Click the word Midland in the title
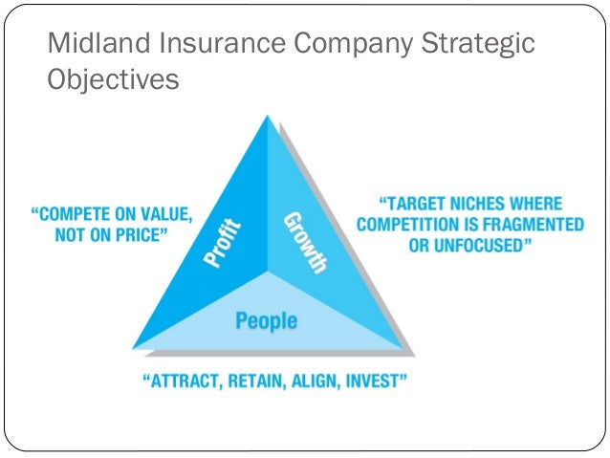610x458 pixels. (93, 44)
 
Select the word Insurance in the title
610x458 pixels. (211, 44)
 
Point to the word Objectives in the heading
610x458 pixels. (113, 80)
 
